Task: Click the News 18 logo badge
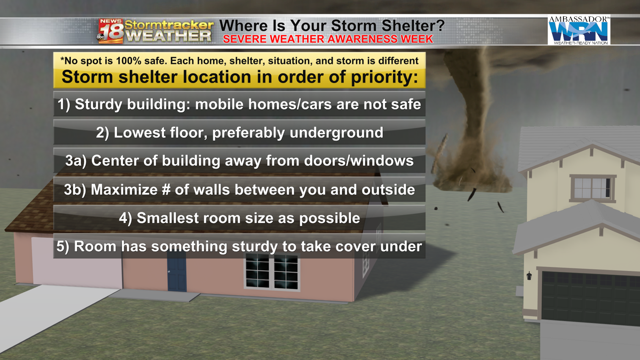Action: click(x=110, y=31)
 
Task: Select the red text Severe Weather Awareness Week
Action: click(x=328, y=39)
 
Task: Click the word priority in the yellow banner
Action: click(x=384, y=78)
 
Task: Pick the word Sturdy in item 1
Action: click(x=99, y=104)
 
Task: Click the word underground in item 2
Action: click(x=337, y=133)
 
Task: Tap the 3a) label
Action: click(x=76, y=161)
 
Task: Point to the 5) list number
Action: click(x=63, y=247)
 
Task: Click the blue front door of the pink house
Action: click(x=177, y=271)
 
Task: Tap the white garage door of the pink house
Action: click(x=77, y=263)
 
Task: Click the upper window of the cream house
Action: click(x=592, y=188)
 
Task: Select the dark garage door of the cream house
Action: click(x=590, y=299)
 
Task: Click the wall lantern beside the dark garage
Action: click(x=529, y=276)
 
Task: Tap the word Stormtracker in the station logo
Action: click(x=169, y=25)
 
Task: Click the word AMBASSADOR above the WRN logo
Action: click(x=579, y=19)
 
